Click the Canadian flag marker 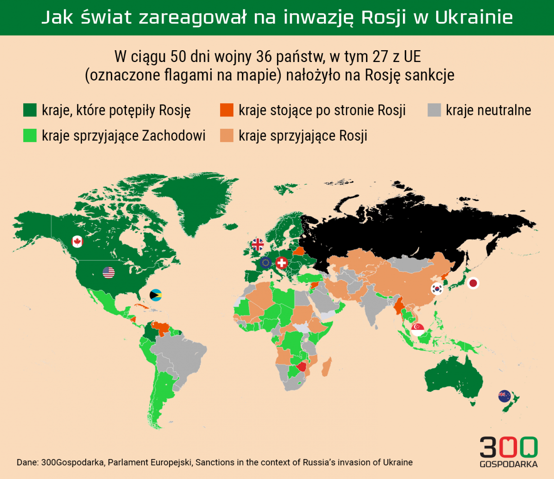point(77,241)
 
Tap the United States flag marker point(109,273)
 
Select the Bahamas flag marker point(156,295)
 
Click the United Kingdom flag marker point(258,244)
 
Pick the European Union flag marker point(266,263)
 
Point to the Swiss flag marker point(282,263)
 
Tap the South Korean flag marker point(437,288)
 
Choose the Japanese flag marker point(473,284)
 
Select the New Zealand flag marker point(504,396)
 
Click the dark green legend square point(30,110)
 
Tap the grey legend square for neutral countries point(434,110)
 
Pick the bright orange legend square point(227,110)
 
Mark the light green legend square point(30,136)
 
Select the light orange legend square point(227,136)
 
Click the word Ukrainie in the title point(474,18)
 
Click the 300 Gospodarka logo point(509,452)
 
